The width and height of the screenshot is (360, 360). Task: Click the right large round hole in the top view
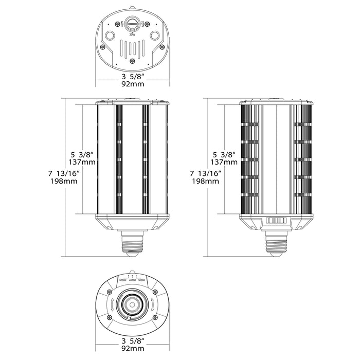pyautogui.click(x=155, y=37)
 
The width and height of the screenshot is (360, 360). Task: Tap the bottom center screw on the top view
pyautogui.click(x=132, y=61)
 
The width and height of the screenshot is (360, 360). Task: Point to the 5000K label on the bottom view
pyautogui.click(x=122, y=280)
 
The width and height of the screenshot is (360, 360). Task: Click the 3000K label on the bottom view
pyautogui.click(x=142, y=280)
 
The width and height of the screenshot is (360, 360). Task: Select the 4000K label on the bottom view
pyautogui.click(x=133, y=280)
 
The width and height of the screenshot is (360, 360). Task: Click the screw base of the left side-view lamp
pyautogui.click(x=132, y=243)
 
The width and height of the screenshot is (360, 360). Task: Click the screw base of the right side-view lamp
pyautogui.click(x=276, y=243)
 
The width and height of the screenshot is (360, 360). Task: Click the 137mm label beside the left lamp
pyautogui.click(x=83, y=162)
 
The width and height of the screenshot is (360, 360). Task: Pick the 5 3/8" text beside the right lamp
pyautogui.click(x=225, y=153)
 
